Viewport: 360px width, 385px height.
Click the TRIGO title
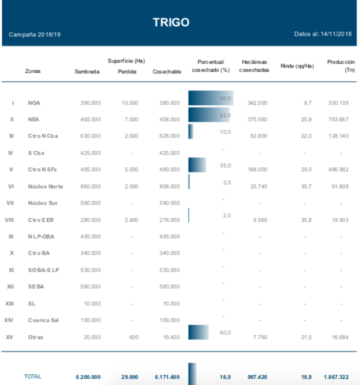(171, 22)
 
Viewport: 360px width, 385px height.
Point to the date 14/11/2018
(336, 35)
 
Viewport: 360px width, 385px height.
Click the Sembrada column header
(87, 72)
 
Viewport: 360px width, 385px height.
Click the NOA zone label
(34, 103)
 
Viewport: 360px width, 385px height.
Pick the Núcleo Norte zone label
(45, 187)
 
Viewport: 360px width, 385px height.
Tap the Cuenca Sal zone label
(43, 321)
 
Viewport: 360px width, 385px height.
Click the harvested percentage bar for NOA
(210, 98)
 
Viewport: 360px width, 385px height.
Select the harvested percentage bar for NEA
(209, 115)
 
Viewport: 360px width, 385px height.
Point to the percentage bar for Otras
(198, 332)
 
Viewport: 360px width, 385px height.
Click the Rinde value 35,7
(307, 187)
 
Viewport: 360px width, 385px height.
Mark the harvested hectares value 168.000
(258, 169)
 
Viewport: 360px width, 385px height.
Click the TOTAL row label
(32, 376)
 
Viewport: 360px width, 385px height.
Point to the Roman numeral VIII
(10, 220)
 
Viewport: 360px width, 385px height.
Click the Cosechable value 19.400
(169, 338)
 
